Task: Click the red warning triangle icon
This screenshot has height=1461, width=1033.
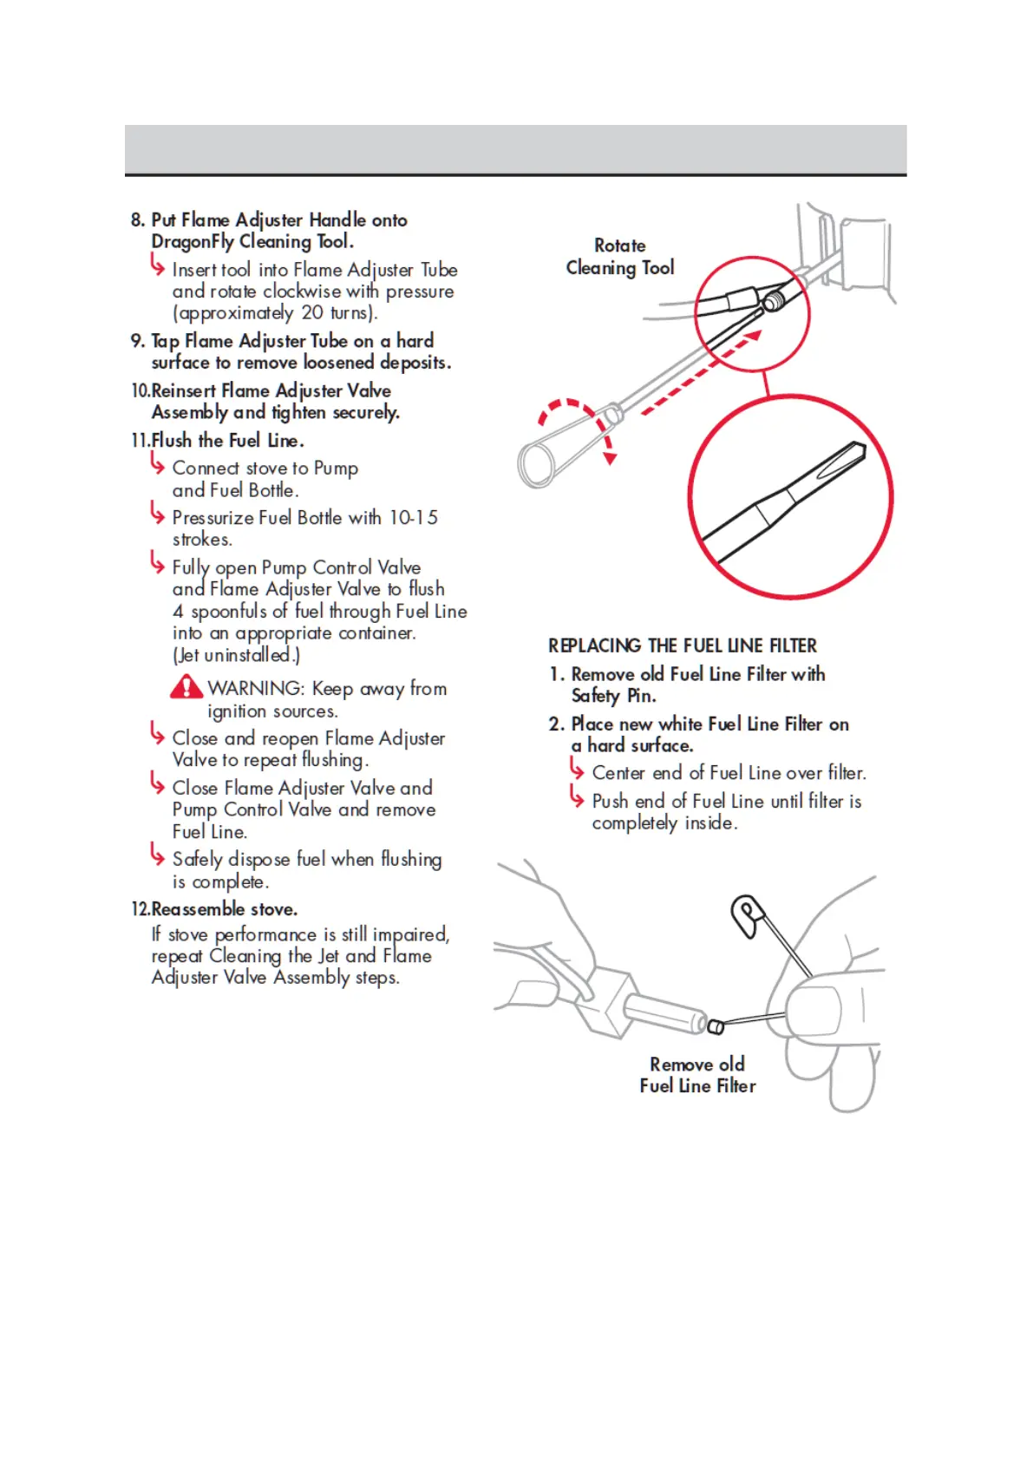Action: [186, 688]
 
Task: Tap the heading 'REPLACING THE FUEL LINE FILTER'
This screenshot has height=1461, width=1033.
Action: [682, 645]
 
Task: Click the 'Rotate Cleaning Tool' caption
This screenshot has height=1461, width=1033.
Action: [620, 257]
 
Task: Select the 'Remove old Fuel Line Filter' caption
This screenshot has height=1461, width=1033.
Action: [697, 1075]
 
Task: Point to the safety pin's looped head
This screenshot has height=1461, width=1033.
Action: [745, 914]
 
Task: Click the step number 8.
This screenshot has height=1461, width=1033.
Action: [137, 220]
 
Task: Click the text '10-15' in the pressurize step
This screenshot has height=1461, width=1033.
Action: [413, 518]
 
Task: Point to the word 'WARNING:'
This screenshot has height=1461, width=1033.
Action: [256, 689]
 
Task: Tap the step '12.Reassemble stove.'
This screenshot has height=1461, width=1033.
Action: [214, 909]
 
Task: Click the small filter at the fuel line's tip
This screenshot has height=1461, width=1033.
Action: [716, 1027]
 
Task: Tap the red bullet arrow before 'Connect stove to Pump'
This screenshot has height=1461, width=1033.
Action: [157, 465]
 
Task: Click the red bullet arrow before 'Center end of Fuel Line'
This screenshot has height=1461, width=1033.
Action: [577, 769]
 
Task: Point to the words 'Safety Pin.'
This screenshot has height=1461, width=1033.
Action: [613, 696]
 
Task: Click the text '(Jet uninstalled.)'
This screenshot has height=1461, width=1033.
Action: [236, 655]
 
